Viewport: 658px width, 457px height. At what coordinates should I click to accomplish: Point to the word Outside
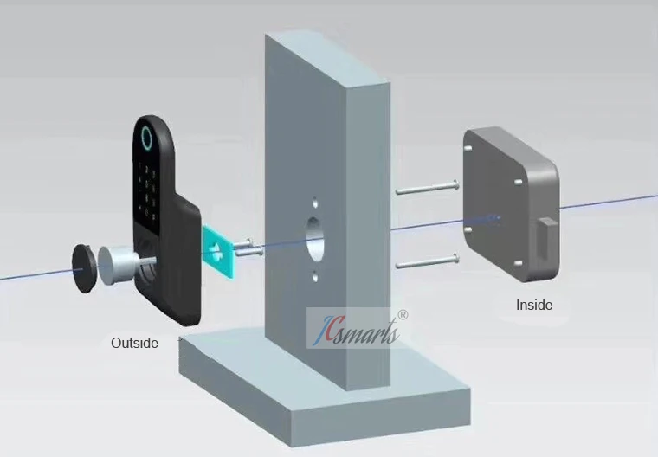pyautogui.click(x=134, y=343)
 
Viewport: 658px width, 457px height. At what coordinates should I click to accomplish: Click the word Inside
pyautogui.click(x=534, y=305)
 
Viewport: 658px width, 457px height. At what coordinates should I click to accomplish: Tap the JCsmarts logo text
pyautogui.click(x=358, y=330)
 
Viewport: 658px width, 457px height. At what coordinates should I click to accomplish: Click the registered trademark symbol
pyautogui.click(x=403, y=316)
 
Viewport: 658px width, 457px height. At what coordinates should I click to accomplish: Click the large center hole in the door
pyautogui.click(x=316, y=241)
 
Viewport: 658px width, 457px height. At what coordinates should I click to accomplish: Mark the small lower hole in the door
pyautogui.click(x=316, y=280)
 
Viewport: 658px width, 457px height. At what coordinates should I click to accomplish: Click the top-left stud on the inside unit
pyautogui.click(x=470, y=148)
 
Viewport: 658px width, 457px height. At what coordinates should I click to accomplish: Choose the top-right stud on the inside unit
pyautogui.click(x=518, y=182)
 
